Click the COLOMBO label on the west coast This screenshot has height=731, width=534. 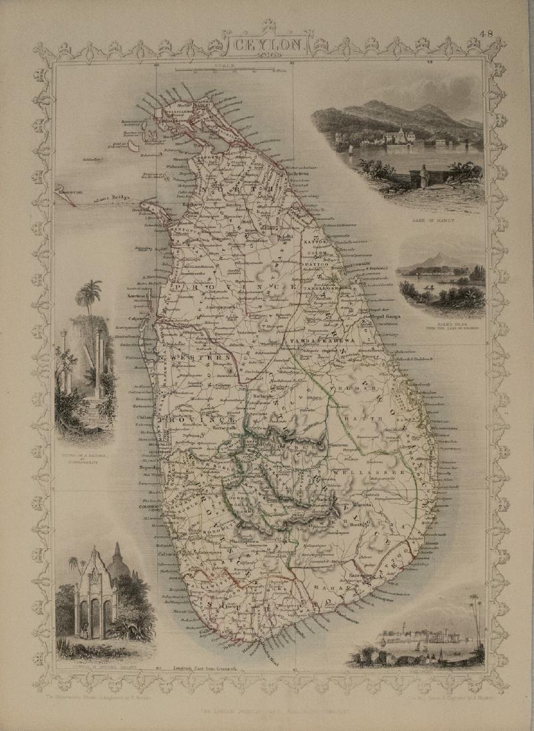pyautogui.click(x=149, y=505)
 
